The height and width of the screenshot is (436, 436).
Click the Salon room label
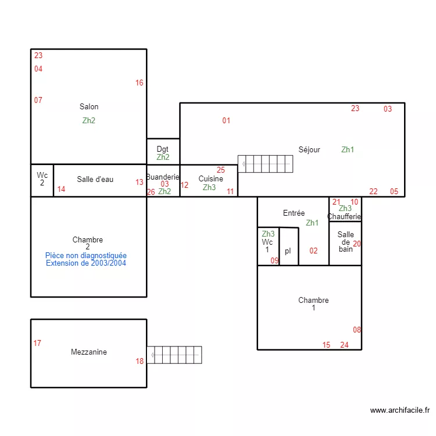point(89,106)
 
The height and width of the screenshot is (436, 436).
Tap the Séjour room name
point(309,149)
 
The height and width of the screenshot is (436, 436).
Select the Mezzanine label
point(89,352)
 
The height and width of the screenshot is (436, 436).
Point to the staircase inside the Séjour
point(265,163)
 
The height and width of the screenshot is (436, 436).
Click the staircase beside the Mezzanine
point(174,355)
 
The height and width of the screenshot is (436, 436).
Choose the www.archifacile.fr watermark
point(399,410)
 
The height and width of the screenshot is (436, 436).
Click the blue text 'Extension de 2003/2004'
point(86,263)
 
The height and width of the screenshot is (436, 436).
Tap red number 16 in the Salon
point(140,83)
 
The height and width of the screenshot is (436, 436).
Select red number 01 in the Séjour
point(226,121)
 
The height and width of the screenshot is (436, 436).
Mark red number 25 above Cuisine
point(221,170)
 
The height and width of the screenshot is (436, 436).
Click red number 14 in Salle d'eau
point(61,189)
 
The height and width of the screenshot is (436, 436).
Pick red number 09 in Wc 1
point(274,260)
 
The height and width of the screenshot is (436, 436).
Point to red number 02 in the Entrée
point(313,251)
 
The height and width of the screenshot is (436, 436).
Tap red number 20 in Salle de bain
point(357,244)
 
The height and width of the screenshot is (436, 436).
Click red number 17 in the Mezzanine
point(37,343)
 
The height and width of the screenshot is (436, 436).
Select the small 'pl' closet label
point(288,251)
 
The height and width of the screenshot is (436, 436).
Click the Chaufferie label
point(344,217)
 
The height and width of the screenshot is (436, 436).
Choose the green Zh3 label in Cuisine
point(209,187)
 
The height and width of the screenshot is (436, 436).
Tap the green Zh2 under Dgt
point(163,157)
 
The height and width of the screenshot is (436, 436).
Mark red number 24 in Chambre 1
point(344,345)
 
